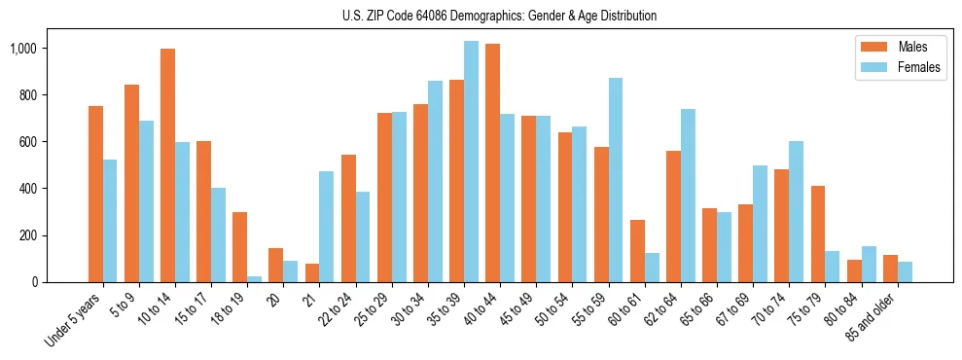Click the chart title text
500,16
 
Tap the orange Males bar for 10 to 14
167,165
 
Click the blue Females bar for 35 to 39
471,162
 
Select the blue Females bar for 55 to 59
615,180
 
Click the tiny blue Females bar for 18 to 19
254,278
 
